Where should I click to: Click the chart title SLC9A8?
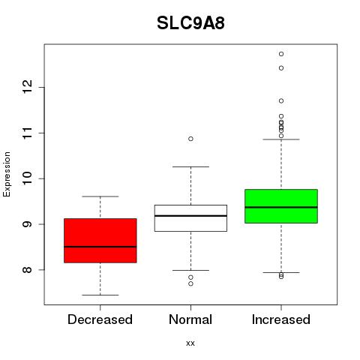(x=190, y=23)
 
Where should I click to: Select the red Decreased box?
(x=100, y=241)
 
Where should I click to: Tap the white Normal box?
(x=190, y=218)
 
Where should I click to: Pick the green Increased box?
(x=281, y=206)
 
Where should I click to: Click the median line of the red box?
(x=100, y=247)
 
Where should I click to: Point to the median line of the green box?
(x=281, y=207)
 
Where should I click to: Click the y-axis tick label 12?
(x=27, y=87)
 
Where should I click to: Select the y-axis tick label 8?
(x=27, y=270)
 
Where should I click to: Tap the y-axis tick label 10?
(x=27, y=178)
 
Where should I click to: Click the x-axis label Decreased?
(x=100, y=319)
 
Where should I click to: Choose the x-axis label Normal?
(x=190, y=319)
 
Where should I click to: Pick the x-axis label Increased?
(x=281, y=319)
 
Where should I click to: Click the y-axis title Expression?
(x=7, y=174)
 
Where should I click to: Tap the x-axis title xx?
(x=190, y=343)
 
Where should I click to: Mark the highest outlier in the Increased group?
(x=281, y=54)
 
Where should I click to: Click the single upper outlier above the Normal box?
(x=190, y=139)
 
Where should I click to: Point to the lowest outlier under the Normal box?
(x=190, y=283)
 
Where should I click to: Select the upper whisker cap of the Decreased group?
(x=100, y=196)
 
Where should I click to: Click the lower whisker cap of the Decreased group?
(x=100, y=295)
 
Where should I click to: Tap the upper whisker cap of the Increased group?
(x=281, y=139)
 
